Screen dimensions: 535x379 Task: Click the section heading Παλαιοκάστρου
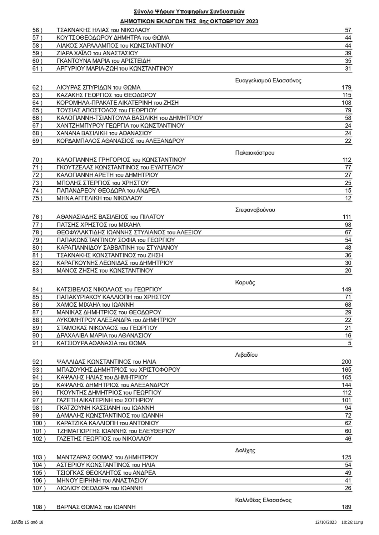click(255, 153)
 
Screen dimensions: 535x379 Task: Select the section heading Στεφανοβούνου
click(255, 210)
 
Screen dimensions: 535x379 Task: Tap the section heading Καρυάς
click(245, 282)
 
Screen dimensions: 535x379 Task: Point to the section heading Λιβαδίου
click(246, 355)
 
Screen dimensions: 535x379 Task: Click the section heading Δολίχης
click(245, 450)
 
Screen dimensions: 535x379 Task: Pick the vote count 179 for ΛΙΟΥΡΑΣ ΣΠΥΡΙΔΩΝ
click(346, 87)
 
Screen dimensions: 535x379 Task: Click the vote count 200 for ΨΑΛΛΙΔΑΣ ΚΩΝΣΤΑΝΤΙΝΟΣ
click(346, 362)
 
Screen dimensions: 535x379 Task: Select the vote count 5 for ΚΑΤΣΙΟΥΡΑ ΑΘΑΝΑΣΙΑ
click(350, 343)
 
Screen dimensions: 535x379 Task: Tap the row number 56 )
click(37, 30)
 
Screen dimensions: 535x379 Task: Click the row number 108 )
click(39, 507)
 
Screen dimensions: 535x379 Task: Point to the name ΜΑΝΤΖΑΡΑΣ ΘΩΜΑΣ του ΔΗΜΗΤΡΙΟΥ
click(107, 457)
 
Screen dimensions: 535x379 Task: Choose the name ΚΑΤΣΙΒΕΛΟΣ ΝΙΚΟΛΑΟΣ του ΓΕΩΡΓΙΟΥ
click(109, 289)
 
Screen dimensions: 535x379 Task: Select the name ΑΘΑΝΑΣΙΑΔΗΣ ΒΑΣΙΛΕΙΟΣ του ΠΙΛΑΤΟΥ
click(110, 217)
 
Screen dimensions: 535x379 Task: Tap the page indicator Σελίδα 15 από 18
click(27, 522)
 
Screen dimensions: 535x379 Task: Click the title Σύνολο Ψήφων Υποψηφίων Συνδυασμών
click(189, 12)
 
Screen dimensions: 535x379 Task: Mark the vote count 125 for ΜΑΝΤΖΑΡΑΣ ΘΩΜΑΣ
click(346, 457)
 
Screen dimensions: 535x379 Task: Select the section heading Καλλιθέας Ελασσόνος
click(263, 500)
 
